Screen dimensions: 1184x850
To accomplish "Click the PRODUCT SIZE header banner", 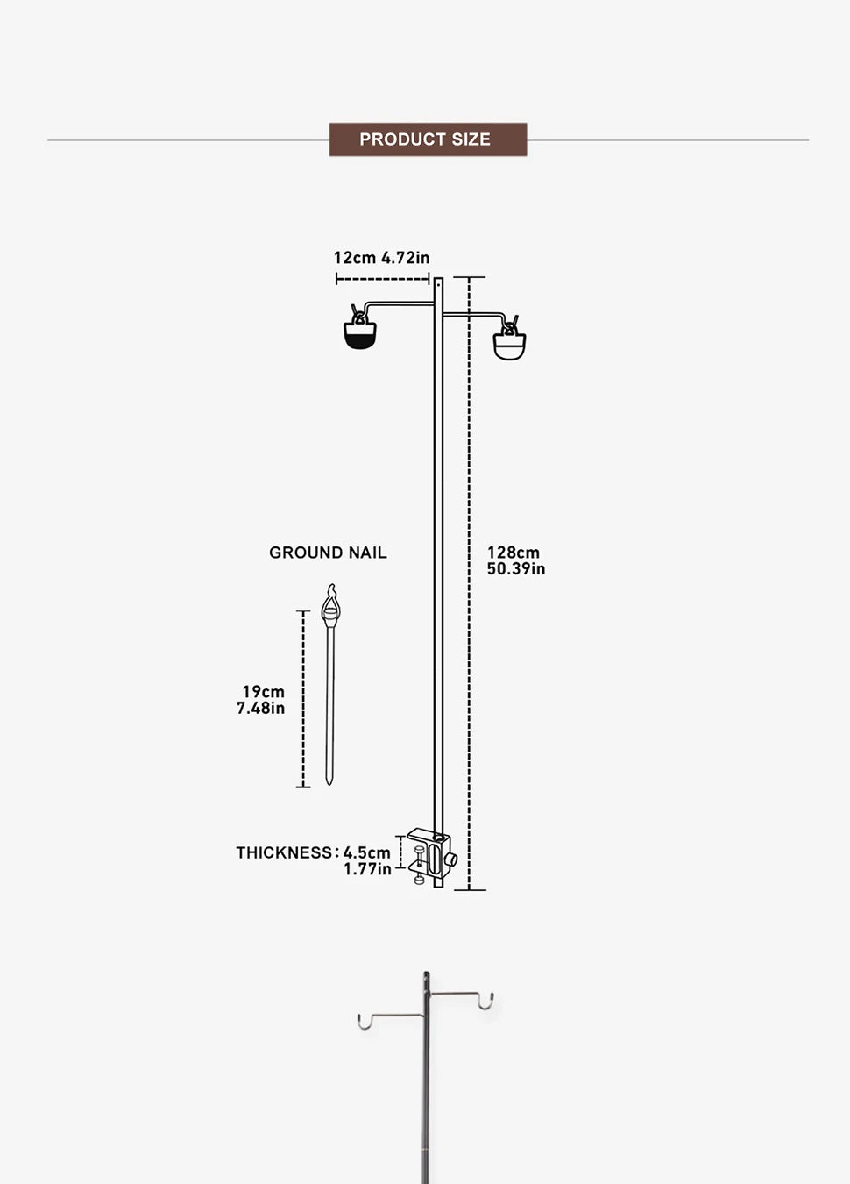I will click(x=428, y=139).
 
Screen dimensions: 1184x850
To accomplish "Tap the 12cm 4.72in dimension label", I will click(x=381, y=258).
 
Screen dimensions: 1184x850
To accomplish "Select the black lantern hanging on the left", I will click(x=359, y=334).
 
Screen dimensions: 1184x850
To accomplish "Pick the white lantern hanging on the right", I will click(x=509, y=345).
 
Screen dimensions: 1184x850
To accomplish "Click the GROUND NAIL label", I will click(x=328, y=553).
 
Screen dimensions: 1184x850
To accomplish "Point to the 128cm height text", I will click(x=514, y=553).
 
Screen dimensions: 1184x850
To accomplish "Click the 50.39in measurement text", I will click(x=516, y=569).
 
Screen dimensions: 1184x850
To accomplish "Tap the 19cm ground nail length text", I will click(x=264, y=692).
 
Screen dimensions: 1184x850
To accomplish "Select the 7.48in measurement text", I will click(x=261, y=709).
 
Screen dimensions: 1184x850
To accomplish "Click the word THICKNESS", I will click(x=285, y=852).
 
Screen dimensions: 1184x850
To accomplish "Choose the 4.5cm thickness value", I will click(x=367, y=852).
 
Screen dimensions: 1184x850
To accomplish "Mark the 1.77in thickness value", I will click(x=367, y=869).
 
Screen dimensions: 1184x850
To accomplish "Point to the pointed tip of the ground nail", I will click(x=329, y=780).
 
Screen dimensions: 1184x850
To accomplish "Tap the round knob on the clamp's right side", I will click(x=452, y=859).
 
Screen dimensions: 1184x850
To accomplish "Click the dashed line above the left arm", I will click(x=382, y=280).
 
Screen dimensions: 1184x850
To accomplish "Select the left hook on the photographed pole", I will click(x=363, y=1021).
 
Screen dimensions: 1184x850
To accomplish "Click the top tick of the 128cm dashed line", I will click(x=470, y=277).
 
